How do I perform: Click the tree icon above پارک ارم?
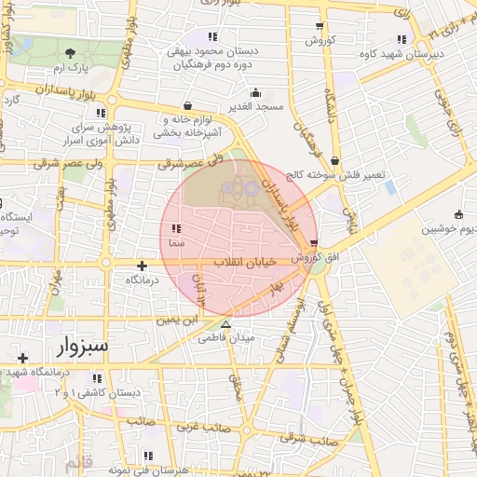pos(71,53)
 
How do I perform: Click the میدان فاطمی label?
pos(225,338)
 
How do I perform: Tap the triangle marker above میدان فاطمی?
pos(225,324)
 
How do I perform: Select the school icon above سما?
pos(177,226)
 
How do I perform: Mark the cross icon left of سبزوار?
pos(22,357)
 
